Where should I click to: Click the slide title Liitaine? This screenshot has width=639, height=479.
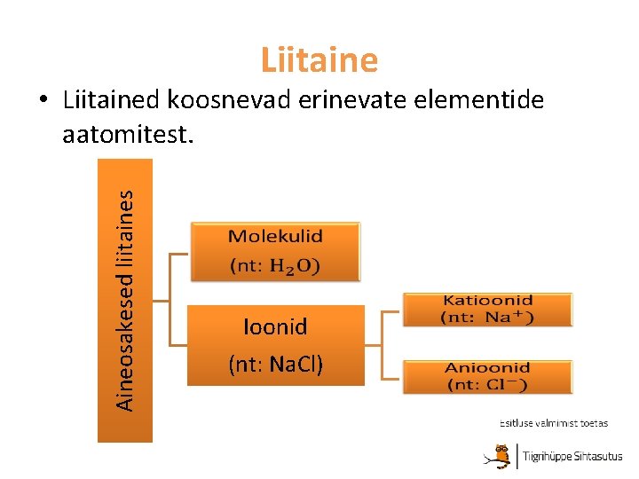pos(319,59)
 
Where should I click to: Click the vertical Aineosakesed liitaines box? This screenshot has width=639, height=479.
pos(125,300)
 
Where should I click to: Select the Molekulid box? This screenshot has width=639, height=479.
pos(275,251)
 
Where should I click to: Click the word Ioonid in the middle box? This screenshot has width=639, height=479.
pos(275,327)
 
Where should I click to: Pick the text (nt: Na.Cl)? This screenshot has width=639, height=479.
pos(275,363)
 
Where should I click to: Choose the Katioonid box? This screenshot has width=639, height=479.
pos(487,310)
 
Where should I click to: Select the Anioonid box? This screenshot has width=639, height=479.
pos(487,376)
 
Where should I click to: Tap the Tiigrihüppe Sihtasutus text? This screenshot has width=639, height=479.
pos(572,457)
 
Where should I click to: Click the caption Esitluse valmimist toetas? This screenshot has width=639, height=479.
pos(553,423)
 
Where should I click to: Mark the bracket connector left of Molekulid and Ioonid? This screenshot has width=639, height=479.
pos(171,301)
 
